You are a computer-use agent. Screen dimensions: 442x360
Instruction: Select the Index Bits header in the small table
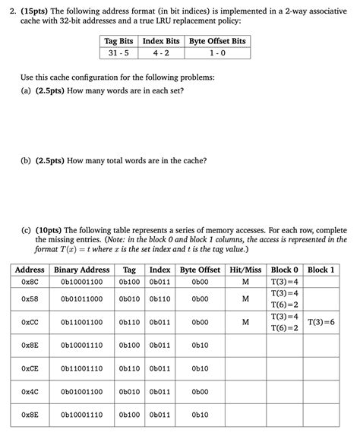point(159,40)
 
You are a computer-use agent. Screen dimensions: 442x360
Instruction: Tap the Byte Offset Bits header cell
point(217,40)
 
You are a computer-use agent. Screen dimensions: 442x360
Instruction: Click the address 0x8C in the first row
point(30,281)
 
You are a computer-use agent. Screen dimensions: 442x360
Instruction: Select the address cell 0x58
point(30,298)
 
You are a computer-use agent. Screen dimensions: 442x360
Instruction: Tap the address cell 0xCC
point(30,322)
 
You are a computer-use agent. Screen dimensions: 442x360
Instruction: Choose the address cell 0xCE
point(30,368)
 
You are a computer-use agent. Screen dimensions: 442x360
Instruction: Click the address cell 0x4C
point(30,392)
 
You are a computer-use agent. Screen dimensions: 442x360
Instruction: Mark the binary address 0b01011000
point(81,298)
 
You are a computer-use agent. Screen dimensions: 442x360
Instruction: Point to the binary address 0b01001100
point(81,392)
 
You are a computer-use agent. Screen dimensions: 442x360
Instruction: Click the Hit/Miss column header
point(245,270)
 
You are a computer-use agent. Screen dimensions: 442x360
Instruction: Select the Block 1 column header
point(322,270)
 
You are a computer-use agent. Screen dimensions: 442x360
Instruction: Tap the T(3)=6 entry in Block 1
point(322,322)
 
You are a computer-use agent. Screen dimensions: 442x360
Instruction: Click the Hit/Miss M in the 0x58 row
point(245,298)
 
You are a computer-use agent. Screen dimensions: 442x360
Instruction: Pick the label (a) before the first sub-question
point(27,90)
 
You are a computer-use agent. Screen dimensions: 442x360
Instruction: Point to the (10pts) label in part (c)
point(49,229)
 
